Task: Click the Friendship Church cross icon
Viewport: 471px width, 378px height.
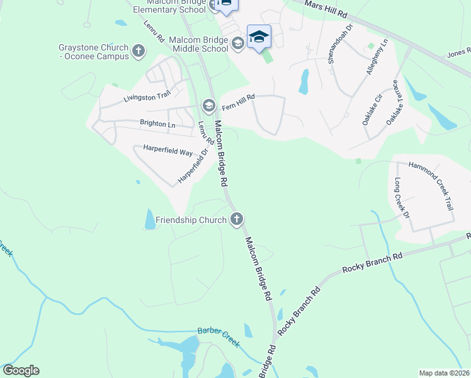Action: tap(237, 219)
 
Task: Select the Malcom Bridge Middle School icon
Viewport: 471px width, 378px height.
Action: tap(237, 43)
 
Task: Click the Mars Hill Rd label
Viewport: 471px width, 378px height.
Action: tap(326, 9)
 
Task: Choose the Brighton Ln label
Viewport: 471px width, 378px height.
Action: tap(157, 124)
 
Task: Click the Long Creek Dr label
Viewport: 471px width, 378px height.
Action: tap(402, 198)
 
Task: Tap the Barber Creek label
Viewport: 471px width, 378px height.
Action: tap(218, 336)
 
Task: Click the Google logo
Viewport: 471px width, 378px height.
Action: tap(21, 370)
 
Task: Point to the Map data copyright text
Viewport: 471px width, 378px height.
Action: tap(445, 373)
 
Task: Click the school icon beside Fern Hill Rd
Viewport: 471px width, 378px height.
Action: tap(209, 105)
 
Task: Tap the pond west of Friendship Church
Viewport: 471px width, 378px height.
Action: tap(150, 219)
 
